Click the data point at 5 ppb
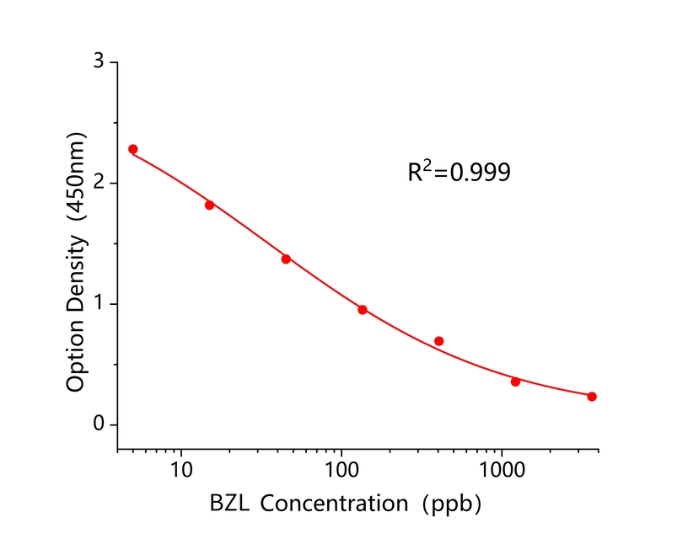tap(132, 149)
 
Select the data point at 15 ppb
tap(209, 205)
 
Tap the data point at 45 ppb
tap(286, 259)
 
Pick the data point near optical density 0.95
tap(362, 309)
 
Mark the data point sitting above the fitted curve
tap(438, 341)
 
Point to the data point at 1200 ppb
tap(515, 382)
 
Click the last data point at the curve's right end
tap(592, 397)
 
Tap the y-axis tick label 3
tap(99, 62)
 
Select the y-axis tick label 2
tap(99, 183)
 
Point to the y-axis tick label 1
tap(99, 304)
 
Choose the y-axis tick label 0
tap(99, 424)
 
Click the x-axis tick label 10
tap(180, 470)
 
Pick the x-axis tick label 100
tap(341, 470)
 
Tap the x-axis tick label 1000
tap(502, 470)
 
